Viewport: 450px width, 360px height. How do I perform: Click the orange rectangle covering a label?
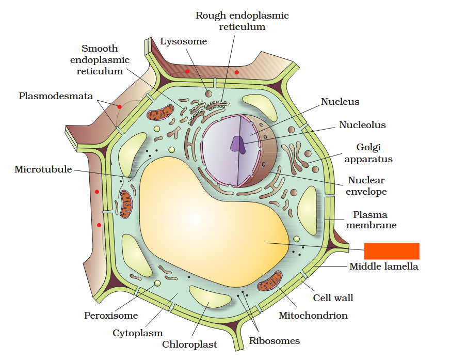(392, 251)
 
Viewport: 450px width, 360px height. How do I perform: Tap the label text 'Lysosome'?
(183, 41)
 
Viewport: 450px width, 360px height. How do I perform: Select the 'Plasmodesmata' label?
(56, 96)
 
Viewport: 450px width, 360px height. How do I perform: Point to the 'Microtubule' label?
(43, 169)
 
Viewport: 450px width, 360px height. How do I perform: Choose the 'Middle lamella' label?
(383, 267)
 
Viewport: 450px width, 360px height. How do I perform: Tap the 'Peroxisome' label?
(111, 316)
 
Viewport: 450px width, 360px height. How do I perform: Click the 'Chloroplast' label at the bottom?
(189, 345)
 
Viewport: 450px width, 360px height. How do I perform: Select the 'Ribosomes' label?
(274, 341)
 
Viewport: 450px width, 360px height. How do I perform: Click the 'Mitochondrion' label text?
(313, 315)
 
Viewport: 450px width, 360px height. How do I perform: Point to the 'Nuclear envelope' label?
(366, 186)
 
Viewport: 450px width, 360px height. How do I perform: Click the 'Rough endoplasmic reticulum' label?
(242, 21)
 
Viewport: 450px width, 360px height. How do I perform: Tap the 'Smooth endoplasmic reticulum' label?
(100, 60)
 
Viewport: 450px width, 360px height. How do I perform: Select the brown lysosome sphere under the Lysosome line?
(208, 93)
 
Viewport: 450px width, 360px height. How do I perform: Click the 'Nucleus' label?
(340, 102)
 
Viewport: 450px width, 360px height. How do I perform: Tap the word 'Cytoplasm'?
(137, 333)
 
